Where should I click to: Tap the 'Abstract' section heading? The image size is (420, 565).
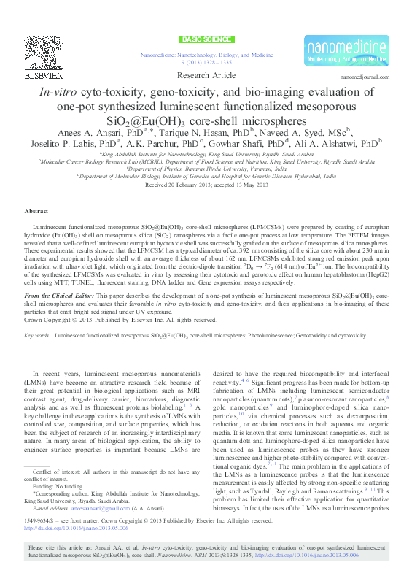click(x=36, y=211)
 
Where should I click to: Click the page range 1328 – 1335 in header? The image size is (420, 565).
click(x=219, y=62)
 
